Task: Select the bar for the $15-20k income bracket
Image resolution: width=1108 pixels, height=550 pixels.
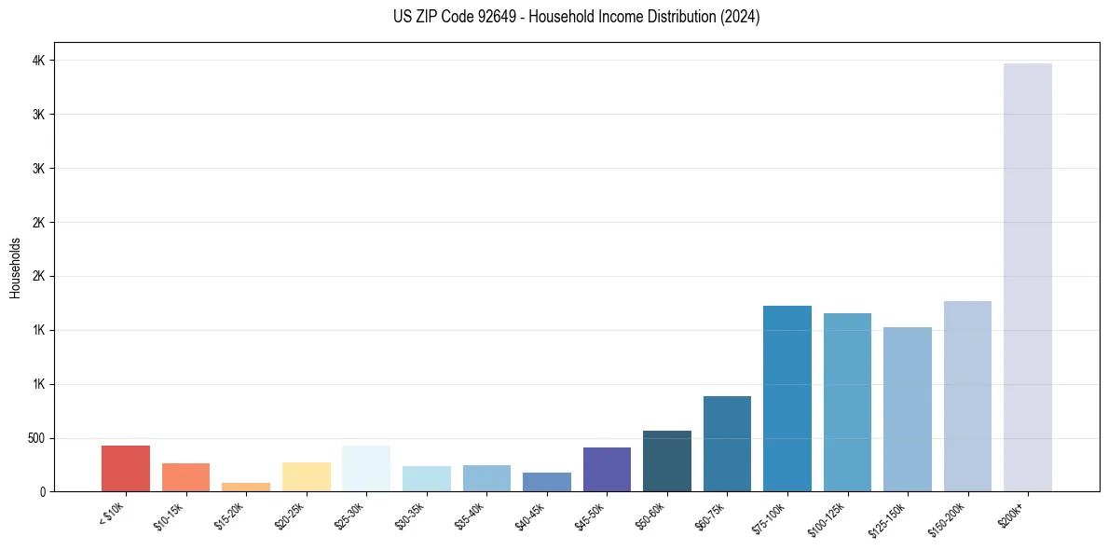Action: tap(246, 487)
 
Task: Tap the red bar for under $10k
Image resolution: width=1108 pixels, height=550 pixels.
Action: tap(126, 468)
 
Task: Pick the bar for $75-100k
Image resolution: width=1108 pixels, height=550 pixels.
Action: tap(787, 398)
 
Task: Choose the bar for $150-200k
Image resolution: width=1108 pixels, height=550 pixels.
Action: tap(967, 395)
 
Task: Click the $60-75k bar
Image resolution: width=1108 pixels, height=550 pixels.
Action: tap(727, 444)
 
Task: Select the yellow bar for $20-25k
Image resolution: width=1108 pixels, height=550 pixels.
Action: tap(306, 476)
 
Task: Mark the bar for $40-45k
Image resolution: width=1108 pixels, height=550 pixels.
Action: tap(546, 482)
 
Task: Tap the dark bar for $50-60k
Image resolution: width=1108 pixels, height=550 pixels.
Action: tap(666, 461)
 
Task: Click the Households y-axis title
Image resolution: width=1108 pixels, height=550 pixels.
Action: tap(15, 268)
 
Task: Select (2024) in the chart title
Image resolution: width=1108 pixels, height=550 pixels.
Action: tap(741, 17)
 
